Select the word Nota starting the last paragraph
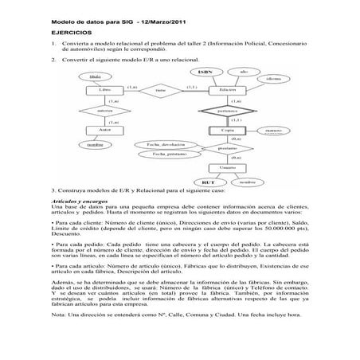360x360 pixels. point(57,338)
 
